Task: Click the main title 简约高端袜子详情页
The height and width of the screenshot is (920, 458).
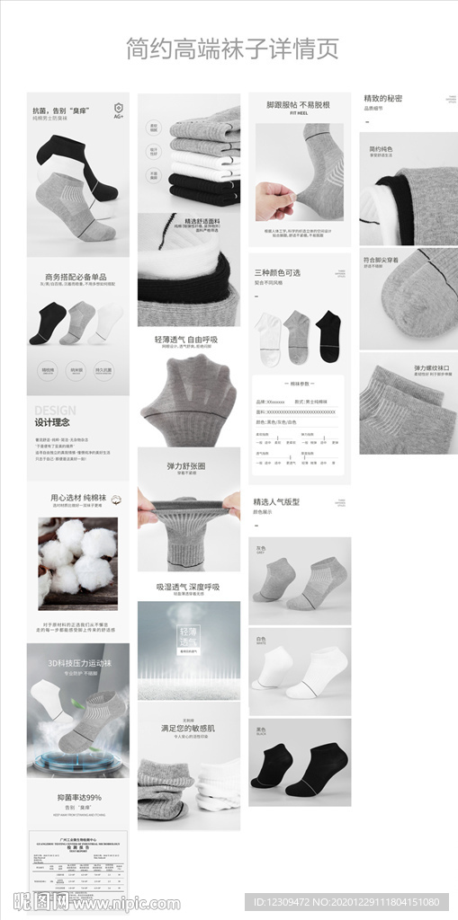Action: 232,49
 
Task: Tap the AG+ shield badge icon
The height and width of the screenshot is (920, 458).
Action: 118,110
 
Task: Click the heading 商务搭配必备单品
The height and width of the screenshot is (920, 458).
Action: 76,277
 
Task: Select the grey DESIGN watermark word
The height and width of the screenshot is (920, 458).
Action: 55,410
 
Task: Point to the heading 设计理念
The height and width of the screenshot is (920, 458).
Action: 52,422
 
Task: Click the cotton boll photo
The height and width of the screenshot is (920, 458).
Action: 77,557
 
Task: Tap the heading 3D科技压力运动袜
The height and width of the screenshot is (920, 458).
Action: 78,663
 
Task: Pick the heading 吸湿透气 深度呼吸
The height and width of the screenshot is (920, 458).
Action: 187,587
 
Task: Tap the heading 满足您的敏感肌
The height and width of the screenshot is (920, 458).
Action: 187,728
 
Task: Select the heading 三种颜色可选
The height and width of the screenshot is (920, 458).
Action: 277,272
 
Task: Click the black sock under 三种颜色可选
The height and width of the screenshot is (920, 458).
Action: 328,336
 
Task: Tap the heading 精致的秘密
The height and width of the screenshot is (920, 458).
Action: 382,98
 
